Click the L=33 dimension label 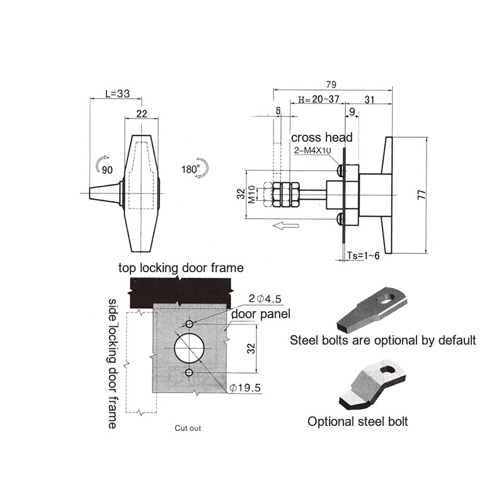coord(118,93)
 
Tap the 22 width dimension coord(142,113)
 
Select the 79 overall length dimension coord(331,84)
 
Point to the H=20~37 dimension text coord(319,100)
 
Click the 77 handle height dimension coord(421,195)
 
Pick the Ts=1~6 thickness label coord(364,256)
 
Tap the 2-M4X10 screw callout coord(312,150)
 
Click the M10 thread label coord(251,194)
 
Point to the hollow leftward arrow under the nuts coord(286,226)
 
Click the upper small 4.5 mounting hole coord(190,324)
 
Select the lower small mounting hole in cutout coord(189,372)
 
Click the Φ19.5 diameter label coord(245,388)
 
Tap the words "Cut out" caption coord(188,428)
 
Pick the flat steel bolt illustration coord(372,309)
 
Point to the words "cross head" coord(322,137)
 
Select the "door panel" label coord(261,314)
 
